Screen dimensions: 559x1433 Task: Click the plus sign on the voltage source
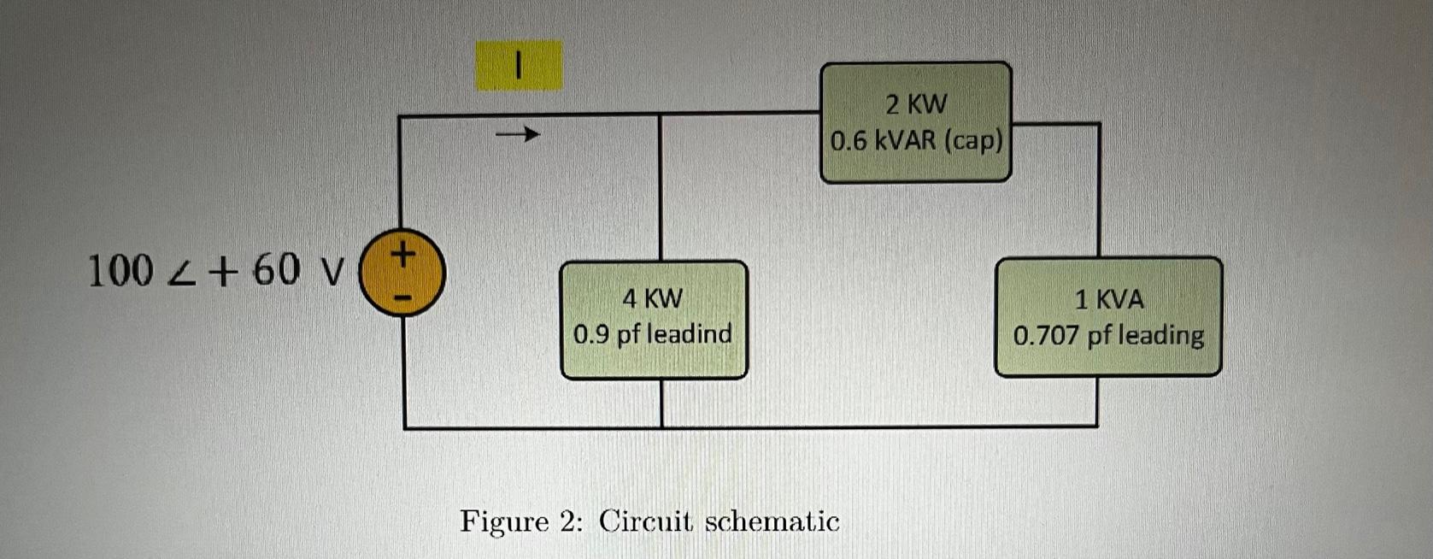[403, 253]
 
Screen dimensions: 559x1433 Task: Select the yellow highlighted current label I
[519, 65]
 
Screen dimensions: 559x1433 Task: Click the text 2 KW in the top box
[916, 104]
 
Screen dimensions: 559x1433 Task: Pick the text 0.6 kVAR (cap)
[916, 140]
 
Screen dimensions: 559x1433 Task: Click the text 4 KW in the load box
[653, 298]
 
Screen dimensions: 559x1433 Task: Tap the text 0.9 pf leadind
[653, 333]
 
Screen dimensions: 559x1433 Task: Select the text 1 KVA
[1109, 299]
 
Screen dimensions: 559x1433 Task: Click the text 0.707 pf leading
[1109, 335]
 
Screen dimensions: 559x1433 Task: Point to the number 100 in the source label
[120, 272]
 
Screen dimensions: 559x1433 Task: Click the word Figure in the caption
[504, 521]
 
